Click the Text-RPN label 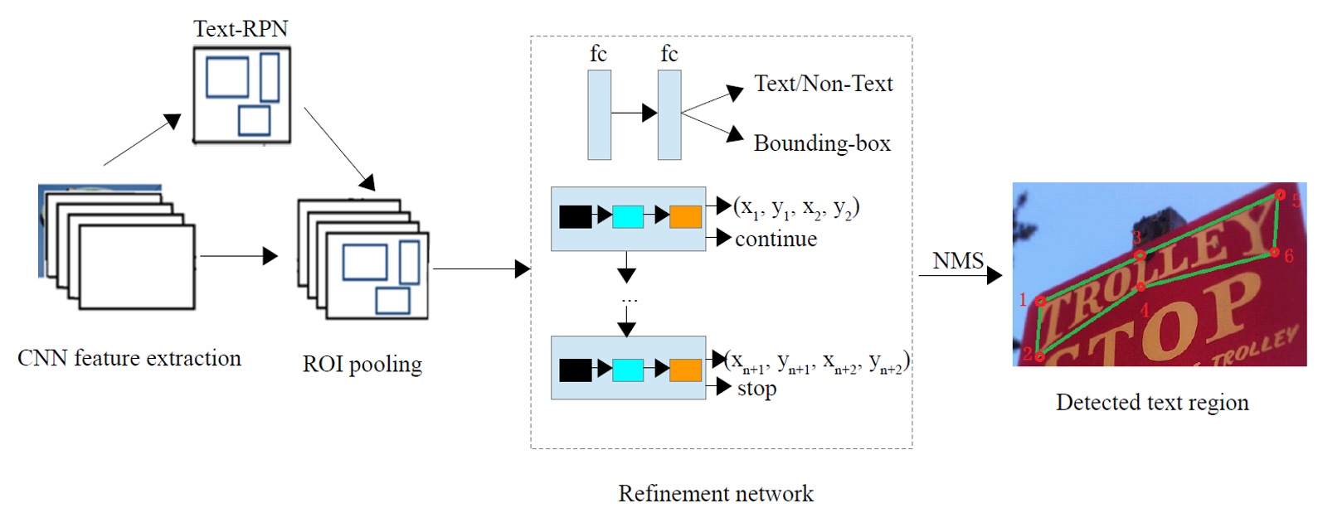[241, 29]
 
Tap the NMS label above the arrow [958, 261]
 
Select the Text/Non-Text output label [823, 84]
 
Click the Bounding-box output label [821, 143]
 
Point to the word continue [776, 239]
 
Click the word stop [756, 388]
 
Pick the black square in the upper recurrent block [575, 216]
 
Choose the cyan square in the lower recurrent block [627, 370]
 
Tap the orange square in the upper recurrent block [685, 216]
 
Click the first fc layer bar [599, 114]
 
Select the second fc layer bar [669, 114]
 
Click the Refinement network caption [716, 493]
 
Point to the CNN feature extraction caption [129, 358]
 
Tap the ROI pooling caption [362, 364]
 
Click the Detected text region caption [1151, 403]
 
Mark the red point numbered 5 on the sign [1280, 195]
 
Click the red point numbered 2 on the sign [1039, 357]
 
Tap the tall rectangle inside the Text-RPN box [270, 76]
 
